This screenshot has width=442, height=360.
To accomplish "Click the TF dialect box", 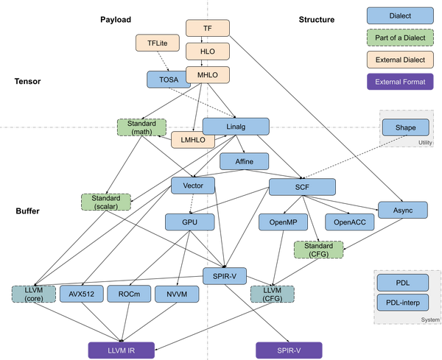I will [208, 29].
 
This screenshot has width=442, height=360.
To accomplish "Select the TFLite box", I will [158, 43].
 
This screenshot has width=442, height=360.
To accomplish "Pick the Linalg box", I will [236, 127].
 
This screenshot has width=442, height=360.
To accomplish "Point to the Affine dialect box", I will [244, 161].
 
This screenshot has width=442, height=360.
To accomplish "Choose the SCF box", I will [302, 187].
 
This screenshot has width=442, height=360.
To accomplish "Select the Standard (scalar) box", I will [105, 202].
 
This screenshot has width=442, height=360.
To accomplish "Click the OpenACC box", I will [350, 221].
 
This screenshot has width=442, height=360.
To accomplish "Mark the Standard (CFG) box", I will [318, 250].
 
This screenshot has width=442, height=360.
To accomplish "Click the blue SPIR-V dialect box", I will [224, 276].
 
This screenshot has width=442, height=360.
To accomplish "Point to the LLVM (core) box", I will [33, 294].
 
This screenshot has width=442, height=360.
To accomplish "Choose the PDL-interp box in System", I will [403, 302].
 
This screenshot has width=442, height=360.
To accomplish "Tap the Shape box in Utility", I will [405, 127].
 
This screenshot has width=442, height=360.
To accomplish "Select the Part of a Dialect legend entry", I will [401, 36].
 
